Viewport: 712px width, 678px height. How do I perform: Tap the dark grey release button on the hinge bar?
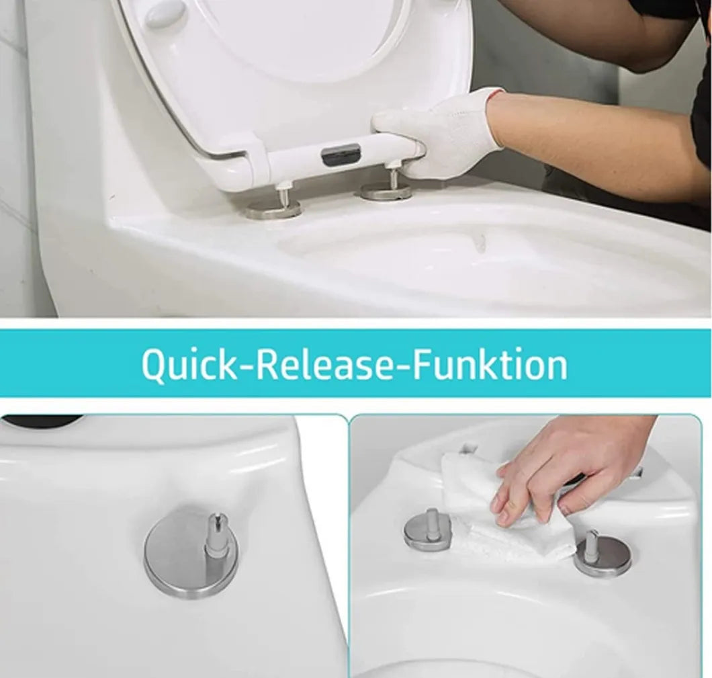pyautogui.click(x=341, y=153)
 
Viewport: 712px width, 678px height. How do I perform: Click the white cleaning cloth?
pyautogui.click(x=504, y=509)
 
